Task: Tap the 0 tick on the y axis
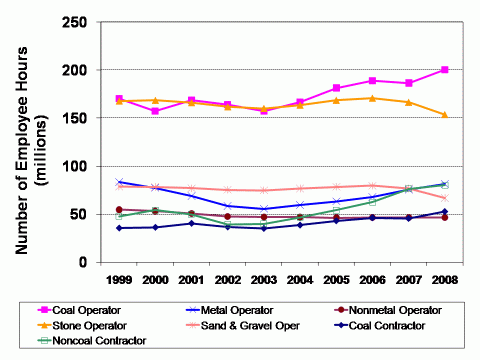point(79,262)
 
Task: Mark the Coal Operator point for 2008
point(444,70)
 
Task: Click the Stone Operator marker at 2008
point(444,115)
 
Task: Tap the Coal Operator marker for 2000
point(156,111)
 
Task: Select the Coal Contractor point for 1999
point(120,228)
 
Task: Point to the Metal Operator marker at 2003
point(264,209)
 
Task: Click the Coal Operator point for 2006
point(372,81)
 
